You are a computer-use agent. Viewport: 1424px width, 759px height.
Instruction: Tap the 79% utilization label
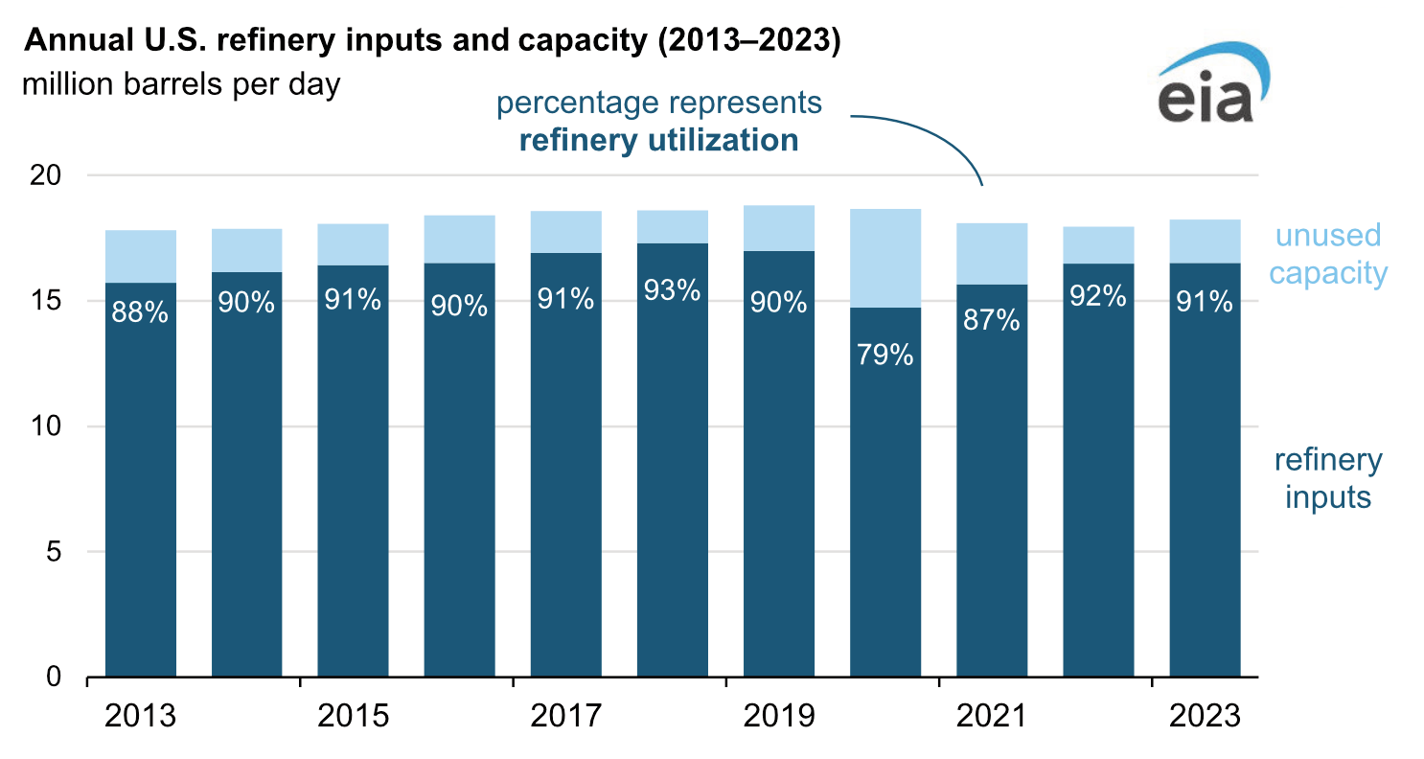(885, 356)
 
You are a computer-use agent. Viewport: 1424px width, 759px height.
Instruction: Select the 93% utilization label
(673, 290)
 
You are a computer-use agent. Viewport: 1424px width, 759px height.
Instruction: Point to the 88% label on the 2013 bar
(141, 312)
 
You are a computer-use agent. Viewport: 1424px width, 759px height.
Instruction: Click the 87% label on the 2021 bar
(992, 319)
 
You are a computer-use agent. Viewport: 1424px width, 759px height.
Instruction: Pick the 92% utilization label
(1098, 296)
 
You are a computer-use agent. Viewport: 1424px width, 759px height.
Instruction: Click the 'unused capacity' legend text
(1328, 254)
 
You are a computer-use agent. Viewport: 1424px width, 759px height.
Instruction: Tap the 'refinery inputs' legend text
(1328, 479)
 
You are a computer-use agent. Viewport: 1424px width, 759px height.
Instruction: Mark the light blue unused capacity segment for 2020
(885, 258)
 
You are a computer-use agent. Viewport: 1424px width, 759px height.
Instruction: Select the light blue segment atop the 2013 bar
(141, 256)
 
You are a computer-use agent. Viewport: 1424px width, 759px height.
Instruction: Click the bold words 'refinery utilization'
(658, 141)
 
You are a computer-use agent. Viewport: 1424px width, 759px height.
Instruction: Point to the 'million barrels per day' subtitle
(181, 84)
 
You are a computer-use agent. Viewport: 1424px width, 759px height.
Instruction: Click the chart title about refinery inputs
(432, 42)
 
